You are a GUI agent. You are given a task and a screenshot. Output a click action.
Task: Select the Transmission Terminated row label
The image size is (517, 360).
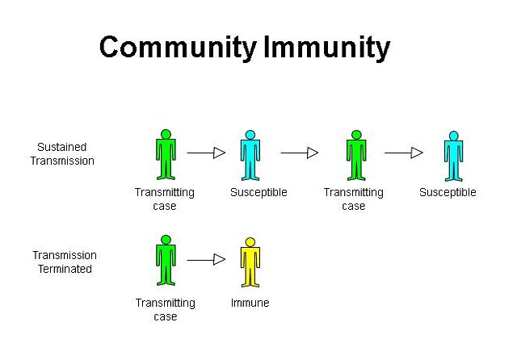click(x=64, y=262)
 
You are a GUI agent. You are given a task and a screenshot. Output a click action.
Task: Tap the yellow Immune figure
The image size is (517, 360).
click(x=250, y=263)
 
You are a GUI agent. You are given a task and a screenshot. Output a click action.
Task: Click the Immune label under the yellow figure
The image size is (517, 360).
click(x=250, y=303)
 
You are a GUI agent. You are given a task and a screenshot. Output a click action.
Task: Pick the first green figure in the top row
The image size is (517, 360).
click(x=166, y=154)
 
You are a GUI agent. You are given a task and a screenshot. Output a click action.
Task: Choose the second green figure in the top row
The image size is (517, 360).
click(x=355, y=154)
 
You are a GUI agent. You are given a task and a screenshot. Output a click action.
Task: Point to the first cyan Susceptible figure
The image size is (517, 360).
click(x=250, y=155)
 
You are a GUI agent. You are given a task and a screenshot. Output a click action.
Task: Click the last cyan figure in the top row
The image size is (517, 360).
click(x=453, y=156)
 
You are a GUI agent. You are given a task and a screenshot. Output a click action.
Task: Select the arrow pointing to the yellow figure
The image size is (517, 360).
click(x=206, y=260)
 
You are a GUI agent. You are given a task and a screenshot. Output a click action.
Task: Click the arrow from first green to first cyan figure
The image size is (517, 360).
click(x=206, y=152)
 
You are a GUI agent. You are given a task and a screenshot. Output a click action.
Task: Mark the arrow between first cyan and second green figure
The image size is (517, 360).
click(x=300, y=152)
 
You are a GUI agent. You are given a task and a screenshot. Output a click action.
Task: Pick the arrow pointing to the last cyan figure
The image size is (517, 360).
click(x=404, y=152)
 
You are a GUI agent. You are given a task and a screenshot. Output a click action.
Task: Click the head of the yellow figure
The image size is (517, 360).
click(x=250, y=242)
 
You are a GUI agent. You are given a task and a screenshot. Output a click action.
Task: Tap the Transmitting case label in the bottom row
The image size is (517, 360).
click(x=165, y=309)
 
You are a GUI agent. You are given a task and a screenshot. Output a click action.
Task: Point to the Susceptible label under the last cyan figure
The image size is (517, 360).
click(x=448, y=193)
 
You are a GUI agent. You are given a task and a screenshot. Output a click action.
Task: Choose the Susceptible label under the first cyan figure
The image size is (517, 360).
click(x=258, y=193)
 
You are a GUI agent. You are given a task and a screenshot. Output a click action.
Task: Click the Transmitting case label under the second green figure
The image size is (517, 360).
click(x=353, y=199)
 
